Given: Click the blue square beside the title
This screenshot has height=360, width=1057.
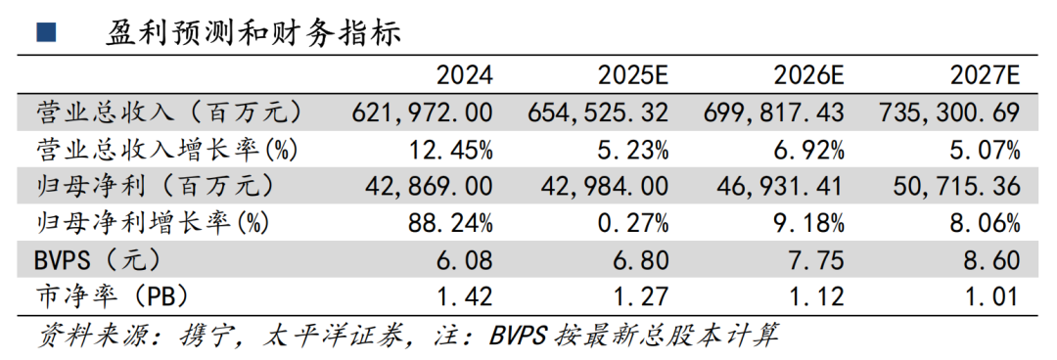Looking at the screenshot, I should click(45, 32).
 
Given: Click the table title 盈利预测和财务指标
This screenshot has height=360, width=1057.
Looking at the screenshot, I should click(253, 32).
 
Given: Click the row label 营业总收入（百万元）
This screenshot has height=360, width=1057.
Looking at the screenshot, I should click(167, 112).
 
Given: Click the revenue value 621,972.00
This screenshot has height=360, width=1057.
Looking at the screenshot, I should click(422, 112).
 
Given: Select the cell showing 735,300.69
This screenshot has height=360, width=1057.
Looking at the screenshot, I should click(950, 112).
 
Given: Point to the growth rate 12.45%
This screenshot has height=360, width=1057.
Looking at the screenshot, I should click(451, 150).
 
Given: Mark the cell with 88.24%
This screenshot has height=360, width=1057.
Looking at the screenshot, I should click(451, 223).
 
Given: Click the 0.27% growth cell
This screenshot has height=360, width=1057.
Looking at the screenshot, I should click(634, 223).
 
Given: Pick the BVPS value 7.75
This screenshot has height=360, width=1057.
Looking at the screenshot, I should click(816, 260).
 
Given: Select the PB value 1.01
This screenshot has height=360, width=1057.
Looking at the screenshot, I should click(992, 295).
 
